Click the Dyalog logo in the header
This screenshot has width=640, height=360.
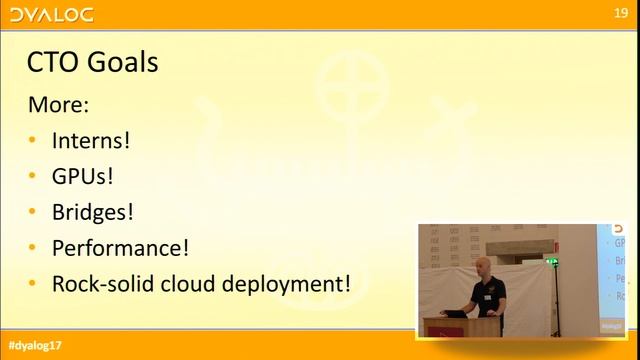point(50,14)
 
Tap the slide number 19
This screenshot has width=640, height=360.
point(621,13)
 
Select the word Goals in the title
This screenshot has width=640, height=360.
point(122,63)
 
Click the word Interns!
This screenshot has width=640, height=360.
point(91,140)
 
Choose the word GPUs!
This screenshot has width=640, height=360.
point(83,176)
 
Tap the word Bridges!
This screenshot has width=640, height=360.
point(93,212)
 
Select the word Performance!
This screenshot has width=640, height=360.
point(120,247)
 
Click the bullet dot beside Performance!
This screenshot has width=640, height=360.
point(33,248)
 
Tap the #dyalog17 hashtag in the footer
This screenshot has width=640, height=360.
point(33,345)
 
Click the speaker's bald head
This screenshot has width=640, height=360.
point(484,264)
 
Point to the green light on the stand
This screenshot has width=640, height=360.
point(551,262)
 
